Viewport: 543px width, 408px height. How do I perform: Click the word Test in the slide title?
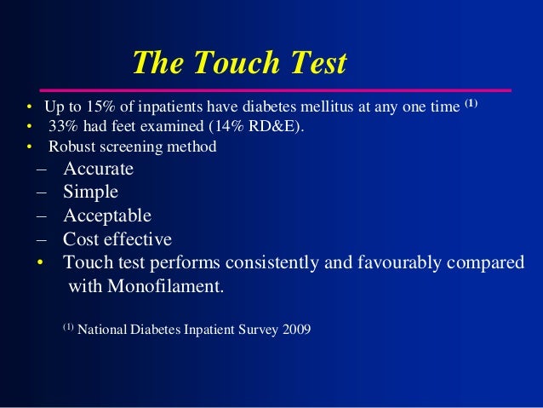coord(316,63)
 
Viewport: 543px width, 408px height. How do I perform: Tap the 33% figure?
coord(61,129)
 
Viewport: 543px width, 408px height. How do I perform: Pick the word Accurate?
coord(98,168)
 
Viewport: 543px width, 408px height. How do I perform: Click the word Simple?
coord(90,192)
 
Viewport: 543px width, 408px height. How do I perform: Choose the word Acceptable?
coord(106,215)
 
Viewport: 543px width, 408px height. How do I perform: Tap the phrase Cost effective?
coord(117,239)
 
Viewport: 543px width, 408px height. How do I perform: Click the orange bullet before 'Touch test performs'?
coord(39,263)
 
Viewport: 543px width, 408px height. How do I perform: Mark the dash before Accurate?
coord(41,169)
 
